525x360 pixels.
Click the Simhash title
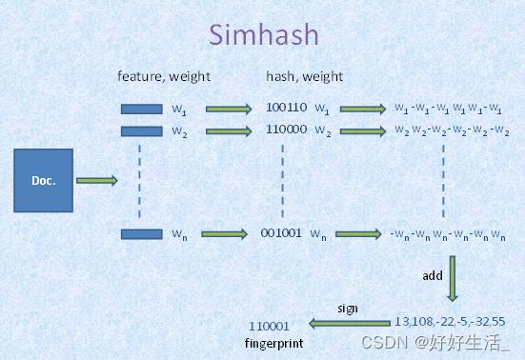pyautogui.click(x=264, y=35)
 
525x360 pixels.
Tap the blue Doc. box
pyautogui.click(x=43, y=180)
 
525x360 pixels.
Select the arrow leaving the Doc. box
pyautogui.click(x=96, y=179)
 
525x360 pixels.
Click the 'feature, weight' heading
pyautogui.click(x=163, y=75)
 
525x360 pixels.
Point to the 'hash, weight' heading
pyautogui.click(x=305, y=75)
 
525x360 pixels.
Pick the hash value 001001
pyautogui.click(x=281, y=233)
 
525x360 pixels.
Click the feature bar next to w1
pyautogui.click(x=141, y=109)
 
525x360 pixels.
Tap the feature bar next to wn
pyautogui.click(x=141, y=233)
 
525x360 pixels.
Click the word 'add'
pyautogui.click(x=433, y=275)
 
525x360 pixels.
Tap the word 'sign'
pyautogui.click(x=348, y=309)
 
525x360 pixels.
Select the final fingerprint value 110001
pyautogui.click(x=269, y=325)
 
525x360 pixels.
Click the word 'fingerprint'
pyautogui.click(x=274, y=341)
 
